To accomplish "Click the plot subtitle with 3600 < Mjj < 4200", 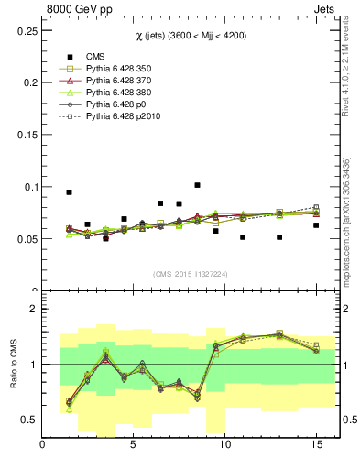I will (189, 35).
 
